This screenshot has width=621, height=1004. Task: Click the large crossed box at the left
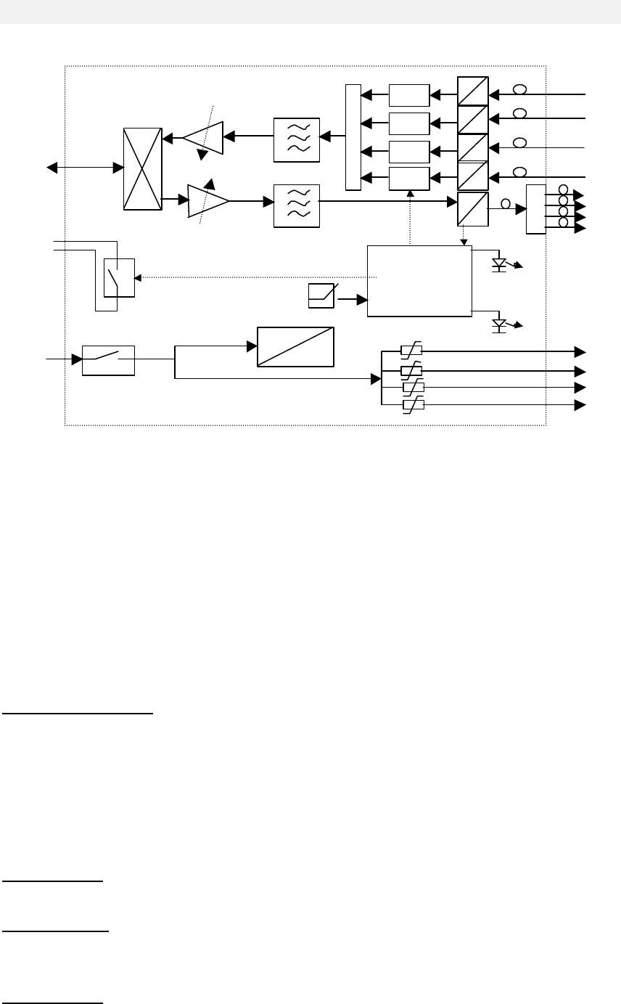point(142,168)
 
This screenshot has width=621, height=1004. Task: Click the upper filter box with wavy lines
point(297,138)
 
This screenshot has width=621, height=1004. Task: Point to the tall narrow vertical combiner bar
point(353,137)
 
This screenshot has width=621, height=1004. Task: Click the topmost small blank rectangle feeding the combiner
point(409,95)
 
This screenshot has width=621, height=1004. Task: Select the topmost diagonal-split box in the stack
point(473,91)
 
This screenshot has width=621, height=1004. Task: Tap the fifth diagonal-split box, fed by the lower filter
point(473,209)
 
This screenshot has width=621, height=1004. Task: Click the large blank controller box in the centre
point(419,280)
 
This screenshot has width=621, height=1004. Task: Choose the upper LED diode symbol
point(499,264)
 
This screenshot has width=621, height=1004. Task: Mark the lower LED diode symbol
point(499,324)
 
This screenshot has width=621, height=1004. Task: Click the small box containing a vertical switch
point(119,277)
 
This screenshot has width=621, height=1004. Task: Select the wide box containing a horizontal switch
point(108,360)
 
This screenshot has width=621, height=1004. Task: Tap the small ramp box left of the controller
point(321,296)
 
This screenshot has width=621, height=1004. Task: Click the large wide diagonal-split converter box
point(296,347)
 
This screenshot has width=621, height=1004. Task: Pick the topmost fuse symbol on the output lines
point(411,351)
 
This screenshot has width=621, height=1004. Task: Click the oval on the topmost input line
point(519,90)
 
